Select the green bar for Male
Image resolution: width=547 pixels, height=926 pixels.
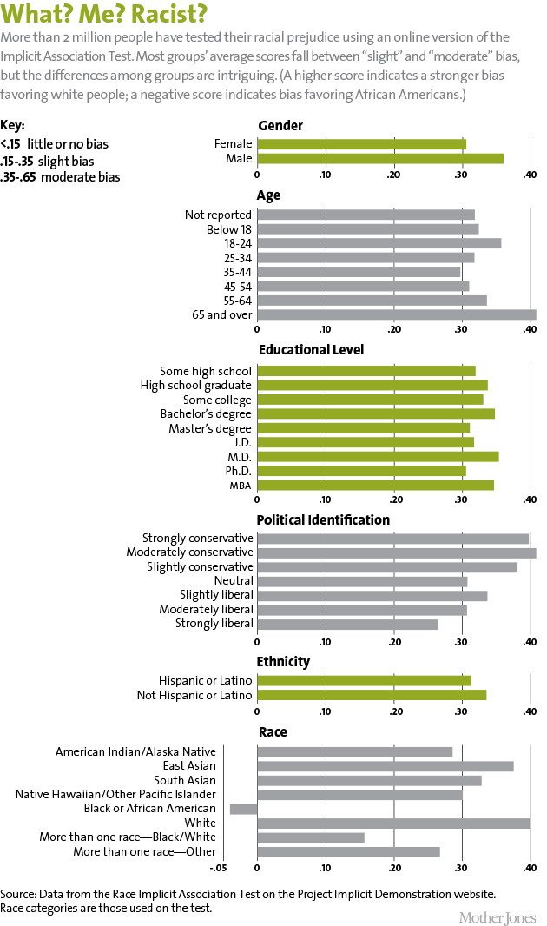click(380, 158)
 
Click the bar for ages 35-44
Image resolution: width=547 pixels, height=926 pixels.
click(359, 272)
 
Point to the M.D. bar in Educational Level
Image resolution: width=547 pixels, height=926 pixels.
click(378, 456)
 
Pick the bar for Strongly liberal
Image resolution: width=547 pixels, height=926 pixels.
click(347, 623)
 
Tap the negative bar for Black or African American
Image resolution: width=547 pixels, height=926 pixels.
click(243, 809)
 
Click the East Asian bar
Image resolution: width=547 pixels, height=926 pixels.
click(386, 766)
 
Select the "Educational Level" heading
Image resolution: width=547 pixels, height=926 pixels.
click(311, 349)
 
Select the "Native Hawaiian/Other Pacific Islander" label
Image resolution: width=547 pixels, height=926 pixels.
click(115, 794)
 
